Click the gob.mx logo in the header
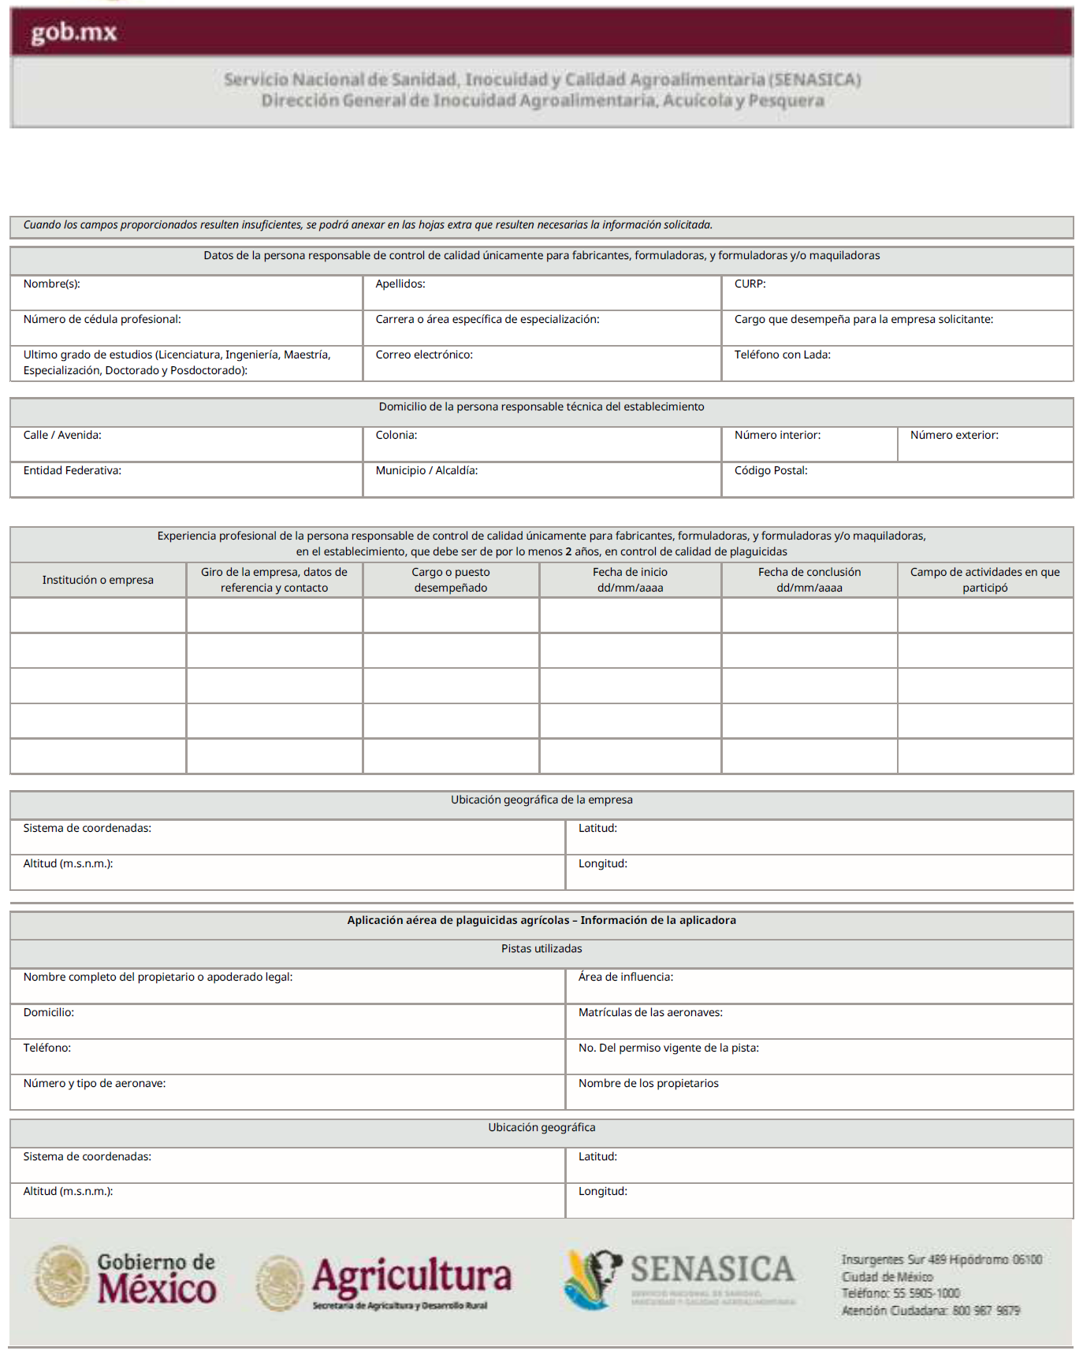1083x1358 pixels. point(74,32)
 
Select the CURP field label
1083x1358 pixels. point(750,284)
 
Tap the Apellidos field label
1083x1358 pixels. point(400,284)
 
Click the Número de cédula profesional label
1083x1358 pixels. point(102,319)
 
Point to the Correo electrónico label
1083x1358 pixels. point(424,354)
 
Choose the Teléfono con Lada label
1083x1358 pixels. point(782,354)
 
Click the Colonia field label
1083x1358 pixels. point(396,435)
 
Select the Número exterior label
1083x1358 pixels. point(954,435)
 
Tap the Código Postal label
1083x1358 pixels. point(771,470)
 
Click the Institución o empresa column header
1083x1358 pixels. point(98,580)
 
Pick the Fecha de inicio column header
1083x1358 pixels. point(630,580)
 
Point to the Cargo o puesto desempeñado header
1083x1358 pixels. point(451,580)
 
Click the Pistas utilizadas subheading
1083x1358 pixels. point(541,948)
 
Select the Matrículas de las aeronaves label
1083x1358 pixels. point(650,1012)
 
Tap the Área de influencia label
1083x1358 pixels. point(625,977)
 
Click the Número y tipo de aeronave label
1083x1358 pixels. point(95,1083)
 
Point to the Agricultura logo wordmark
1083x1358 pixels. point(411,1278)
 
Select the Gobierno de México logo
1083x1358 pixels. point(126,1276)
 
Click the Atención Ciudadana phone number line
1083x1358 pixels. point(930,1311)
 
